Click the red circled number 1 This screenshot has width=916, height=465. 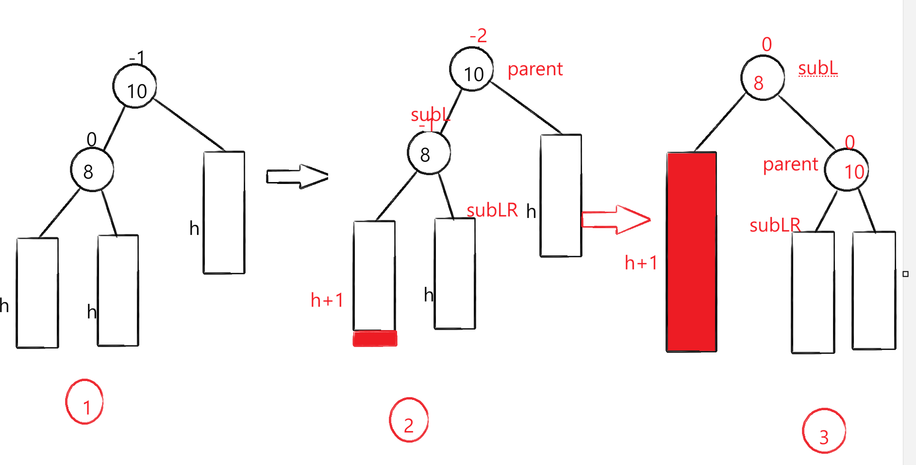click(x=84, y=402)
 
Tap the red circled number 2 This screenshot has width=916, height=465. click(x=409, y=420)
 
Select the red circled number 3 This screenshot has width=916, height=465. click(x=824, y=432)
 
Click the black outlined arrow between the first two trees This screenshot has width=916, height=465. click(x=297, y=176)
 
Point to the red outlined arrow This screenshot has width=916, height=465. click(x=615, y=219)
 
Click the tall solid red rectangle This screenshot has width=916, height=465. click(x=691, y=251)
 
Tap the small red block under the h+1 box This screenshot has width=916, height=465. click(x=375, y=338)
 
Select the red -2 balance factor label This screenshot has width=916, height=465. click(x=478, y=36)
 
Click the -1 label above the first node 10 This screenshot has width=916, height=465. click(x=137, y=58)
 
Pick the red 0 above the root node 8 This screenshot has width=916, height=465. click(x=766, y=45)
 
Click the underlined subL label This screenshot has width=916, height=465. click(x=818, y=68)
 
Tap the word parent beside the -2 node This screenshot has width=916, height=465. click(x=535, y=69)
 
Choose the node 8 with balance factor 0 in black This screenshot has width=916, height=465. click(x=92, y=170)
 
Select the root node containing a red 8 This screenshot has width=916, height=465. click(x=762, y=78)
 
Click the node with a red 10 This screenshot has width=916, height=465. click(x=847, y=170)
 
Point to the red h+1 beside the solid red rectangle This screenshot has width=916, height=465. click(x=641, y=263)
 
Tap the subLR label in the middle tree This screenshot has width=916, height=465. click(x=492, y=210)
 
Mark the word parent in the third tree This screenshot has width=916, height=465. click(x=790, y=165)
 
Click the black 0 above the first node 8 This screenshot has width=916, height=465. click(x=91, y=139)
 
